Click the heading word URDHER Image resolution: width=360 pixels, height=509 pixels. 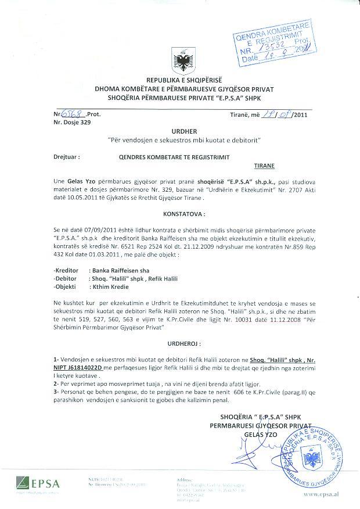(x=179, y=132)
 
